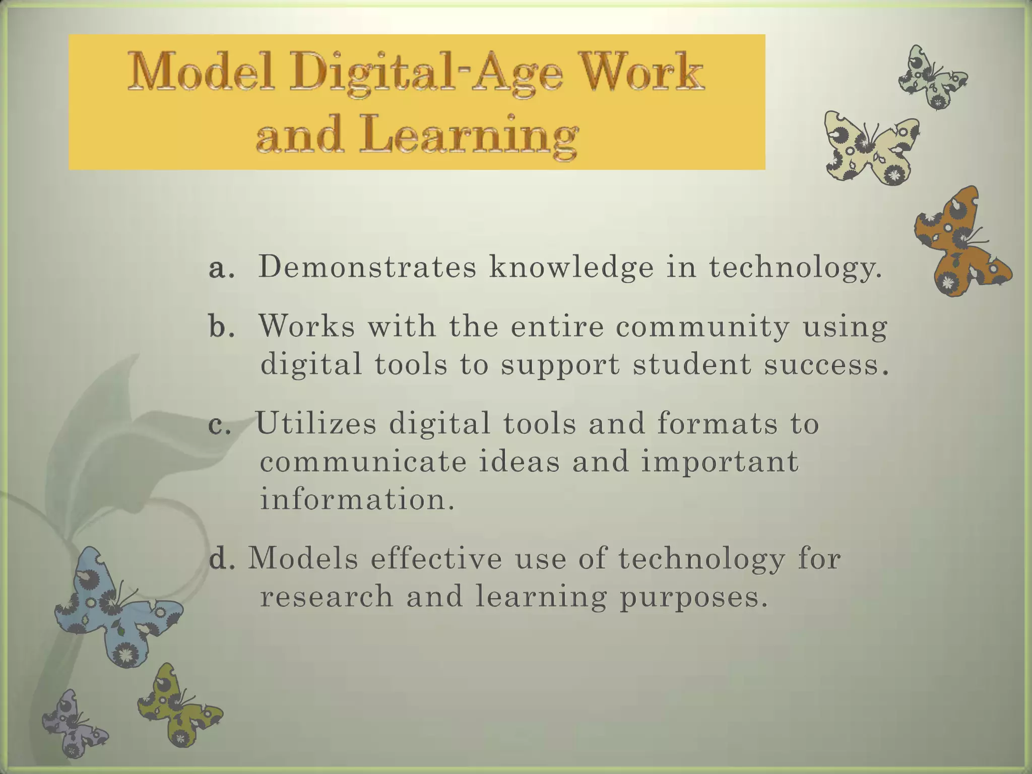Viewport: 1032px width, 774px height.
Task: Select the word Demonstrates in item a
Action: [367, 267]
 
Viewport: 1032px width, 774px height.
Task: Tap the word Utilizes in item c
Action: [316, 423]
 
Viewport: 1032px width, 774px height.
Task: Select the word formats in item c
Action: [717, 423]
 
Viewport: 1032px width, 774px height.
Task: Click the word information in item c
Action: [357, 499]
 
